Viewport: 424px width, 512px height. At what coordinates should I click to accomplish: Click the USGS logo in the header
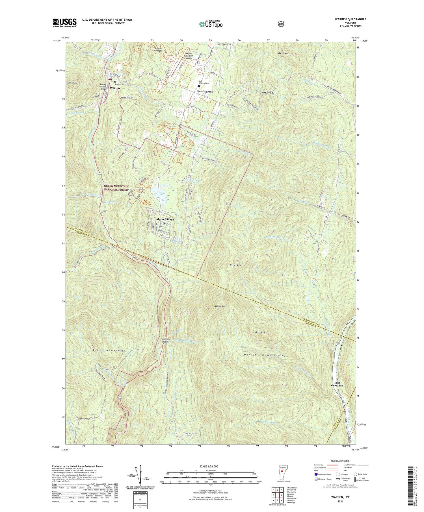(64, 23)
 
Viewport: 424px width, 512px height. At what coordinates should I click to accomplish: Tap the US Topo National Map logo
(210, 24)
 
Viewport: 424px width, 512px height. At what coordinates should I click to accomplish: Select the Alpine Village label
(165, 219)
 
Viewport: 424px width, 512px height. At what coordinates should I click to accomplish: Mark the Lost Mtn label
(259, 332)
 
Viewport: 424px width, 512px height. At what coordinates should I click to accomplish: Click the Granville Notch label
(165, 340)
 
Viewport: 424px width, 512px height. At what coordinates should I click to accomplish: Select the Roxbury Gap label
(268, 93)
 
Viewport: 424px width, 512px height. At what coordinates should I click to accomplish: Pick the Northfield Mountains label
(265, 356)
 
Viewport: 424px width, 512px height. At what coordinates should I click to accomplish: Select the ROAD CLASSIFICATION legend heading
(341, 461)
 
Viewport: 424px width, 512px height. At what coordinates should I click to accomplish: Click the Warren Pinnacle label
(157, 49)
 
